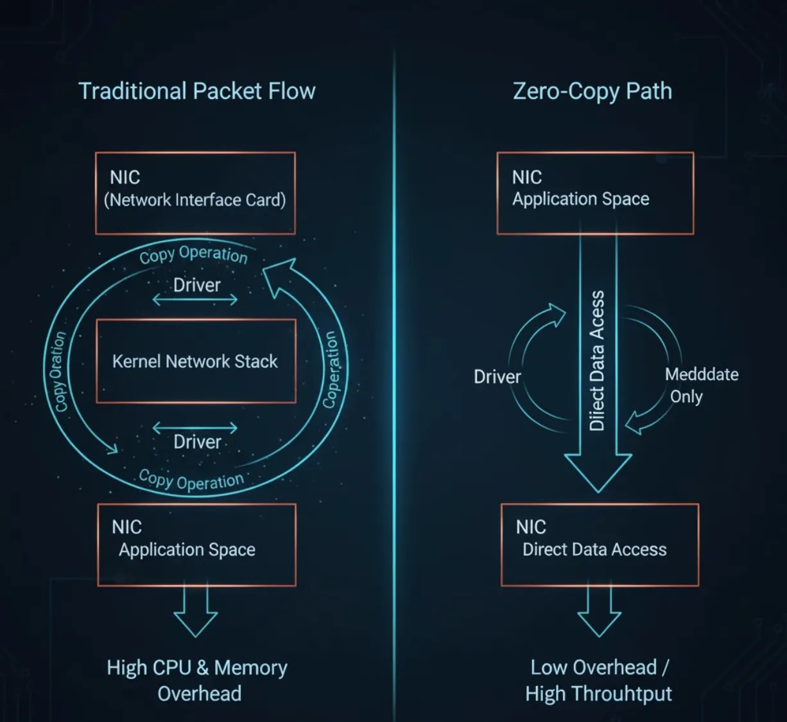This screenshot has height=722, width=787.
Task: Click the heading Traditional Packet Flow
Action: (196, 91)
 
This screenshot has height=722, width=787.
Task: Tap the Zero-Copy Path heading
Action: (592, 91)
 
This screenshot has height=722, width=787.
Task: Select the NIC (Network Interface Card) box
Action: (195, 193)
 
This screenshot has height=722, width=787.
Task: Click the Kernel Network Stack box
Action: (196, 361)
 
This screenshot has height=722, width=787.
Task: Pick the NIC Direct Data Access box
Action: (600, 545)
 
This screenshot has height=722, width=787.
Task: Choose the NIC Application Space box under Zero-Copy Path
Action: (595, 193)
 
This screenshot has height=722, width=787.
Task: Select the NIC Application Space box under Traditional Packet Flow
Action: (196, 545)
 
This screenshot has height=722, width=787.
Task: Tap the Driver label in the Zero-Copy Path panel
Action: (497, 376)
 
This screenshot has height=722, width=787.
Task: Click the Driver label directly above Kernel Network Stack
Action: (196, 285)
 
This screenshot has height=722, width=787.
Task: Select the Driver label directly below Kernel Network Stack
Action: (197, 441)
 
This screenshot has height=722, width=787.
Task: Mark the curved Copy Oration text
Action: (58, 371)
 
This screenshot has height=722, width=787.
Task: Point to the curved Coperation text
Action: (331, 369)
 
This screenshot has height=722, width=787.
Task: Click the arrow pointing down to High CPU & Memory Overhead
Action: (196, 613)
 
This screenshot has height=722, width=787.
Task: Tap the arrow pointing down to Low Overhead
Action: (599, 613)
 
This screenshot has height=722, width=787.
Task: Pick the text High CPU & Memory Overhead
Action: (197, 680)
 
